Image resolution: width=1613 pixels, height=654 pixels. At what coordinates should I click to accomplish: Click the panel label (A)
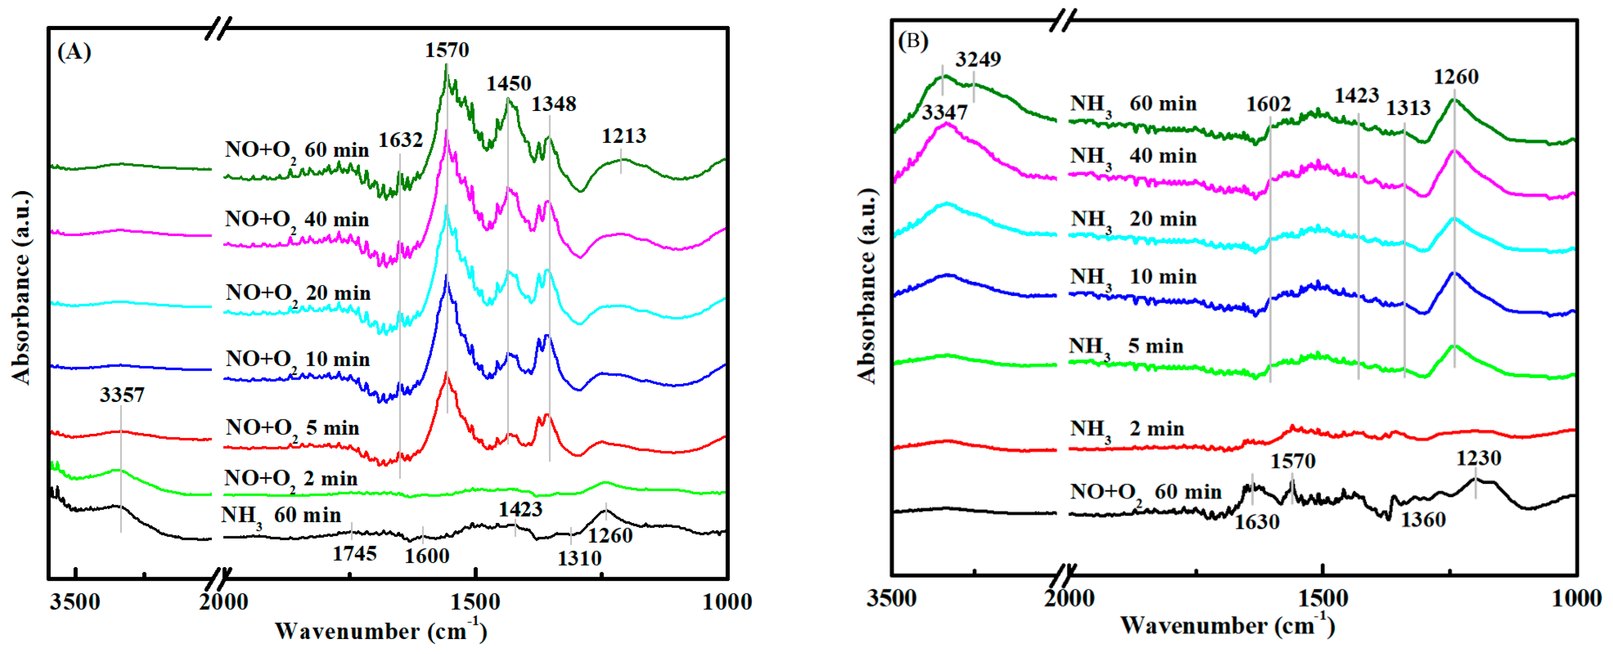tap(74, 51)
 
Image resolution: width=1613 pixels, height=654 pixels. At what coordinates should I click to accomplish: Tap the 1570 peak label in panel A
tap(446, 50)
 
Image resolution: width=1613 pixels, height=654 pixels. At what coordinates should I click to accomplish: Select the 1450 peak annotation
tap(508, 84)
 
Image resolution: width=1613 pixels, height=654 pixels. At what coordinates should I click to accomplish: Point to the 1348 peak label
tap(553, 104)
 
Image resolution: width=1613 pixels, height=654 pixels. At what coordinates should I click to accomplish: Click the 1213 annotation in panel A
tap(624, 136)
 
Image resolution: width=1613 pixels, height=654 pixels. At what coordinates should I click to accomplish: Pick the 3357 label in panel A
tap(122, 395)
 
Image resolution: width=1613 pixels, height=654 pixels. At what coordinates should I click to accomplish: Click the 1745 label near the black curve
tap(355, 554)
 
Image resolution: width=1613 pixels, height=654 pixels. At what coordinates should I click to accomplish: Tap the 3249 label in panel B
tap(978, 60)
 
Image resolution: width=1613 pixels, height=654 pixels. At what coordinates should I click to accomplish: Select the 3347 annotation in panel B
tap(944, 113)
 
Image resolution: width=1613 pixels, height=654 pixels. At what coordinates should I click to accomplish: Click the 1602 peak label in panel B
tap(1268, 104)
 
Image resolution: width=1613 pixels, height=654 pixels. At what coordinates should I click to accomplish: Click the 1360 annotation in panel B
tap(1423, 519)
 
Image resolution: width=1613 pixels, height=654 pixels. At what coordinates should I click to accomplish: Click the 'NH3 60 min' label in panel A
tap(280, 516)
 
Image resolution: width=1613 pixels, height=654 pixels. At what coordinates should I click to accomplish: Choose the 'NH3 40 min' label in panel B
tap(1133, 156)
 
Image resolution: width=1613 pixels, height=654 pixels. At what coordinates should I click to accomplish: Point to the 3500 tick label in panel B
tap(891, 599)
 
